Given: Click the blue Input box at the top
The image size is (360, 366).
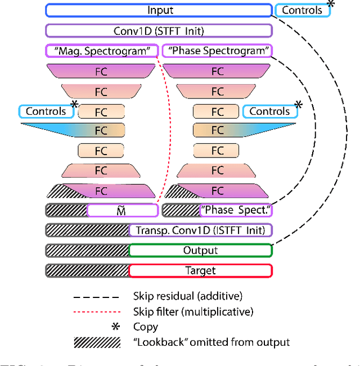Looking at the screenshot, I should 159,10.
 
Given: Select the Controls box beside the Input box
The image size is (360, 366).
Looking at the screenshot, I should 302,10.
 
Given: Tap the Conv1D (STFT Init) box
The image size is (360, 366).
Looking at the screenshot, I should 159,31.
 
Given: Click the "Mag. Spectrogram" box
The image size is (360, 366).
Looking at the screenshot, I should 101,51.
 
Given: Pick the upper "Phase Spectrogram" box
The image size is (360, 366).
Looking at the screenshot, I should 217,51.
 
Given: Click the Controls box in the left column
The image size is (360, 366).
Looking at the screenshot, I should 46,111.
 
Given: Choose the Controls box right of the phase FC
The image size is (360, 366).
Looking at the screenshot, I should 269,111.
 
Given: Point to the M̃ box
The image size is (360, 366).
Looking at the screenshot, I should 122,210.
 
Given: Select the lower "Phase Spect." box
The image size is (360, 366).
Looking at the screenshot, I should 236,210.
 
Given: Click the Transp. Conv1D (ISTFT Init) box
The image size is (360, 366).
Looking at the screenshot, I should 200,230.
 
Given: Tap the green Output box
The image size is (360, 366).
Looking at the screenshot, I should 200,250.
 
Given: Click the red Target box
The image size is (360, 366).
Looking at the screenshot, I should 200,270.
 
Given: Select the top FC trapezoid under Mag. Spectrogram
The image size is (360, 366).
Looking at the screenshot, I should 101,71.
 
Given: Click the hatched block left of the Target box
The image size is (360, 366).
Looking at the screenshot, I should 87,270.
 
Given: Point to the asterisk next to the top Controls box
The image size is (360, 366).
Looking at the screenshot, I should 331,4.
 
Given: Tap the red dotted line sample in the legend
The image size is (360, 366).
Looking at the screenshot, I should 96,311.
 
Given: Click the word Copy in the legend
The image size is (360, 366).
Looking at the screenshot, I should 146,327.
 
